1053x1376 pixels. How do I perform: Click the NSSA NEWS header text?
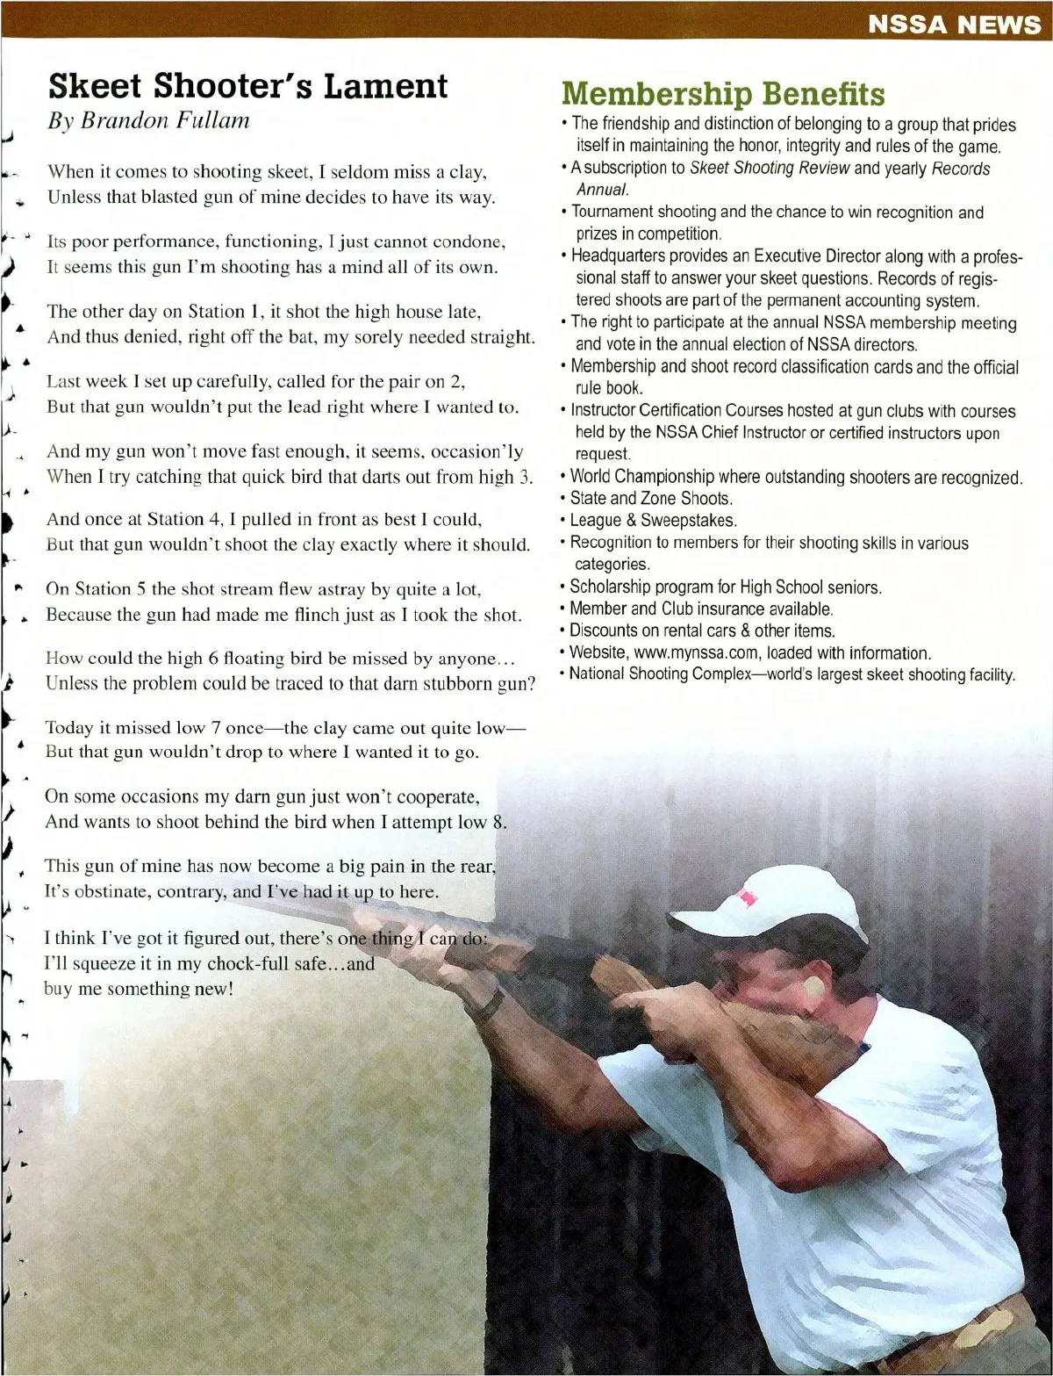point(953,25)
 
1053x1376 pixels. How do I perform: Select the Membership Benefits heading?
point(723,94)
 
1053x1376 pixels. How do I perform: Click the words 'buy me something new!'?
point(140,989)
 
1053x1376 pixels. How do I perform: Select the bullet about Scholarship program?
point(725,587)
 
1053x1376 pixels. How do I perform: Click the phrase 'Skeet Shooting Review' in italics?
point(769,169)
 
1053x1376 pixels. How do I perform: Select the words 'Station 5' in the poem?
point(111,589)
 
